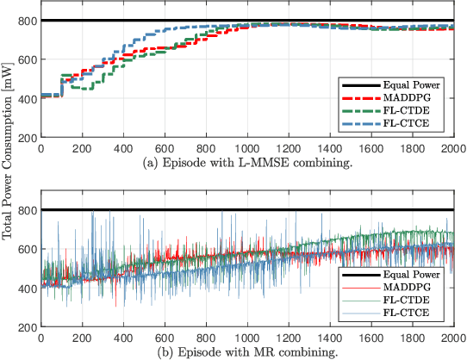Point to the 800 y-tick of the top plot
pyautogui.click(x=27, y=21)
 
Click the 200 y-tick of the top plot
pyautogui.click(x=27, y=138)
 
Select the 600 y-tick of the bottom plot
pyautogui.click(x=27, y=249)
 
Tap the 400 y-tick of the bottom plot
pyautogui.click(x=27, y=288)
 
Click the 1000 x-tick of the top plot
pyautogui.click(x=246, y=147)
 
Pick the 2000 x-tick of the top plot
pyautogui.click(x=451, y=147)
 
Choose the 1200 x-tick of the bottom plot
pyautogui.click(x=288, y=337)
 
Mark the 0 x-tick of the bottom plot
pyautogui.click(x=40, y=337)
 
